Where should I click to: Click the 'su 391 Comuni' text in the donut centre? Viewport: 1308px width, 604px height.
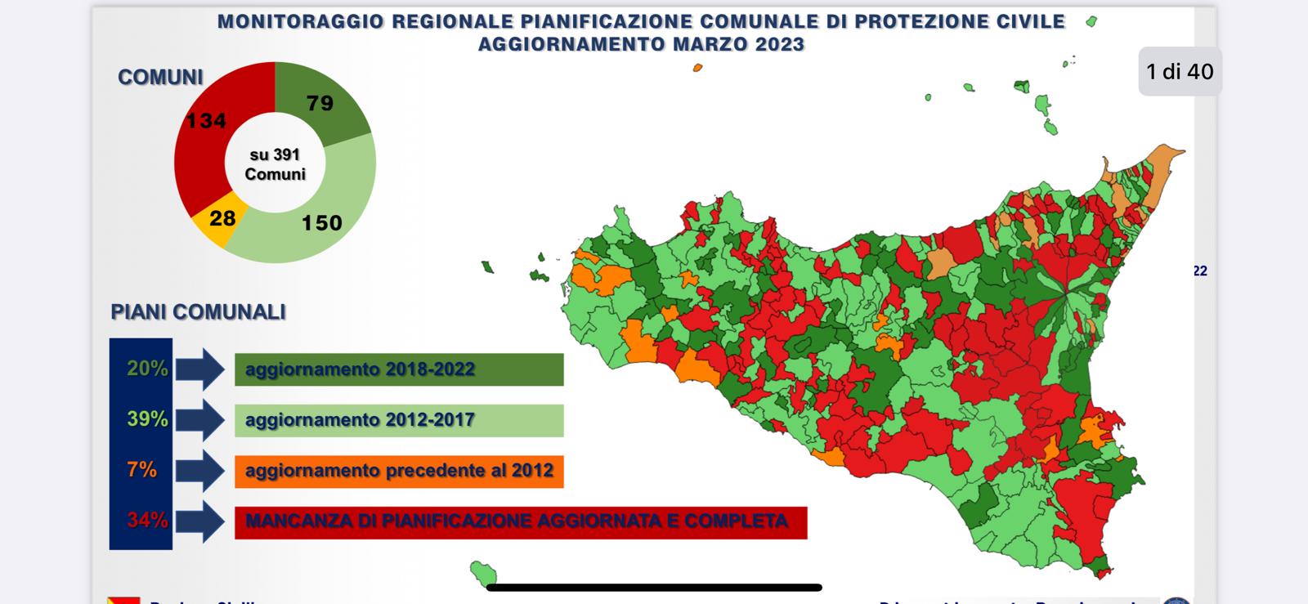point(275,164)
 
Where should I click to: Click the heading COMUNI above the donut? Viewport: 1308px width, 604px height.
point(160,78)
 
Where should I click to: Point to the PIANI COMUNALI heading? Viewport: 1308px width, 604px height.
point(199,312)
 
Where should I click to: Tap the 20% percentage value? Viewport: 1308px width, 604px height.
point(147,369)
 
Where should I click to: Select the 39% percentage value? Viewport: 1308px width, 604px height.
point(147,419)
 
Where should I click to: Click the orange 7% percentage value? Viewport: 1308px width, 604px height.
point(141,470)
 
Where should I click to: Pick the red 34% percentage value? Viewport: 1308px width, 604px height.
point(147,520)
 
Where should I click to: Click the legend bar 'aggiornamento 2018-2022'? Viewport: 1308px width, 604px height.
point(399,369)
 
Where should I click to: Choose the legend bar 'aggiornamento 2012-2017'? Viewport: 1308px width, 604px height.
point(399,420)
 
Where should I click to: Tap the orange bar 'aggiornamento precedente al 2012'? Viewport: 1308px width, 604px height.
point(399,471)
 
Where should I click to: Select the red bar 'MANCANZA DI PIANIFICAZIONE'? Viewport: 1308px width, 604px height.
point(521,522)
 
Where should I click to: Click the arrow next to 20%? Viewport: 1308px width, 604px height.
point(199,369)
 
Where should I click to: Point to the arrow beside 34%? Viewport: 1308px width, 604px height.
point(199,521)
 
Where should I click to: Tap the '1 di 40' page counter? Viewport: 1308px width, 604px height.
point(1180,72)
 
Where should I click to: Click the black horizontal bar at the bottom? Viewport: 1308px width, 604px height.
point(654,587)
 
